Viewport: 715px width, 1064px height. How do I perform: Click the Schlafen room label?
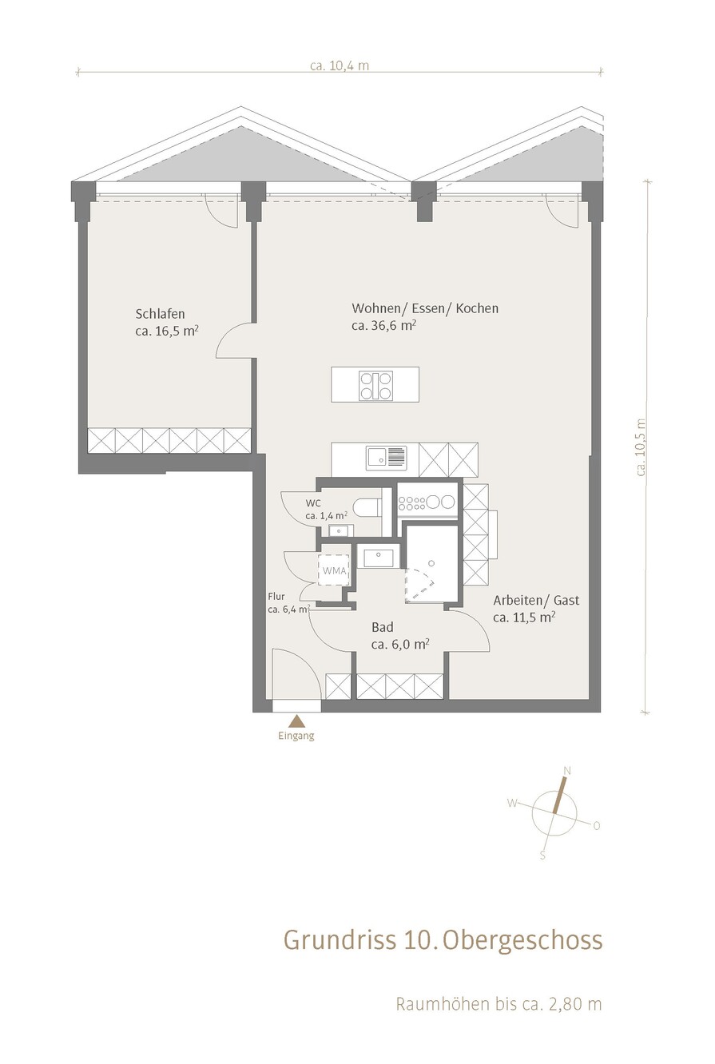160,313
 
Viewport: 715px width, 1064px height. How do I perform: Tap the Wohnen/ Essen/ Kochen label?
425,308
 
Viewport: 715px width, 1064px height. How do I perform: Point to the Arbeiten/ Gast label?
536,601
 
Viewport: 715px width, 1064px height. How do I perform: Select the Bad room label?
383,627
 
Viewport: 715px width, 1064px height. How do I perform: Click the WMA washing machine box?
335,570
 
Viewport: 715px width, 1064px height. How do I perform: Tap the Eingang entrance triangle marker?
297,721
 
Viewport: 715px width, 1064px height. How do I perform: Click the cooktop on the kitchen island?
376,384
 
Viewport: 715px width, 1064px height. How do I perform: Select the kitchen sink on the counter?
386,457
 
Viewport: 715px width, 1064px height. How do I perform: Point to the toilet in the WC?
370,506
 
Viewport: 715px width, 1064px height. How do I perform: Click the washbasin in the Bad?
378,558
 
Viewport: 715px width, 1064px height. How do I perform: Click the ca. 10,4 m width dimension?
340,66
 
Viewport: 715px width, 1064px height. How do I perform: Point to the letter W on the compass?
512,804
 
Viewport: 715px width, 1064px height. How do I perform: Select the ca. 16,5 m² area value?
166,331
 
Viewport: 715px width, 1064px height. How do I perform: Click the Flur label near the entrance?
276,597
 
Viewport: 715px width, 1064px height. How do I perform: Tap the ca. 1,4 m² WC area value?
327,515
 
